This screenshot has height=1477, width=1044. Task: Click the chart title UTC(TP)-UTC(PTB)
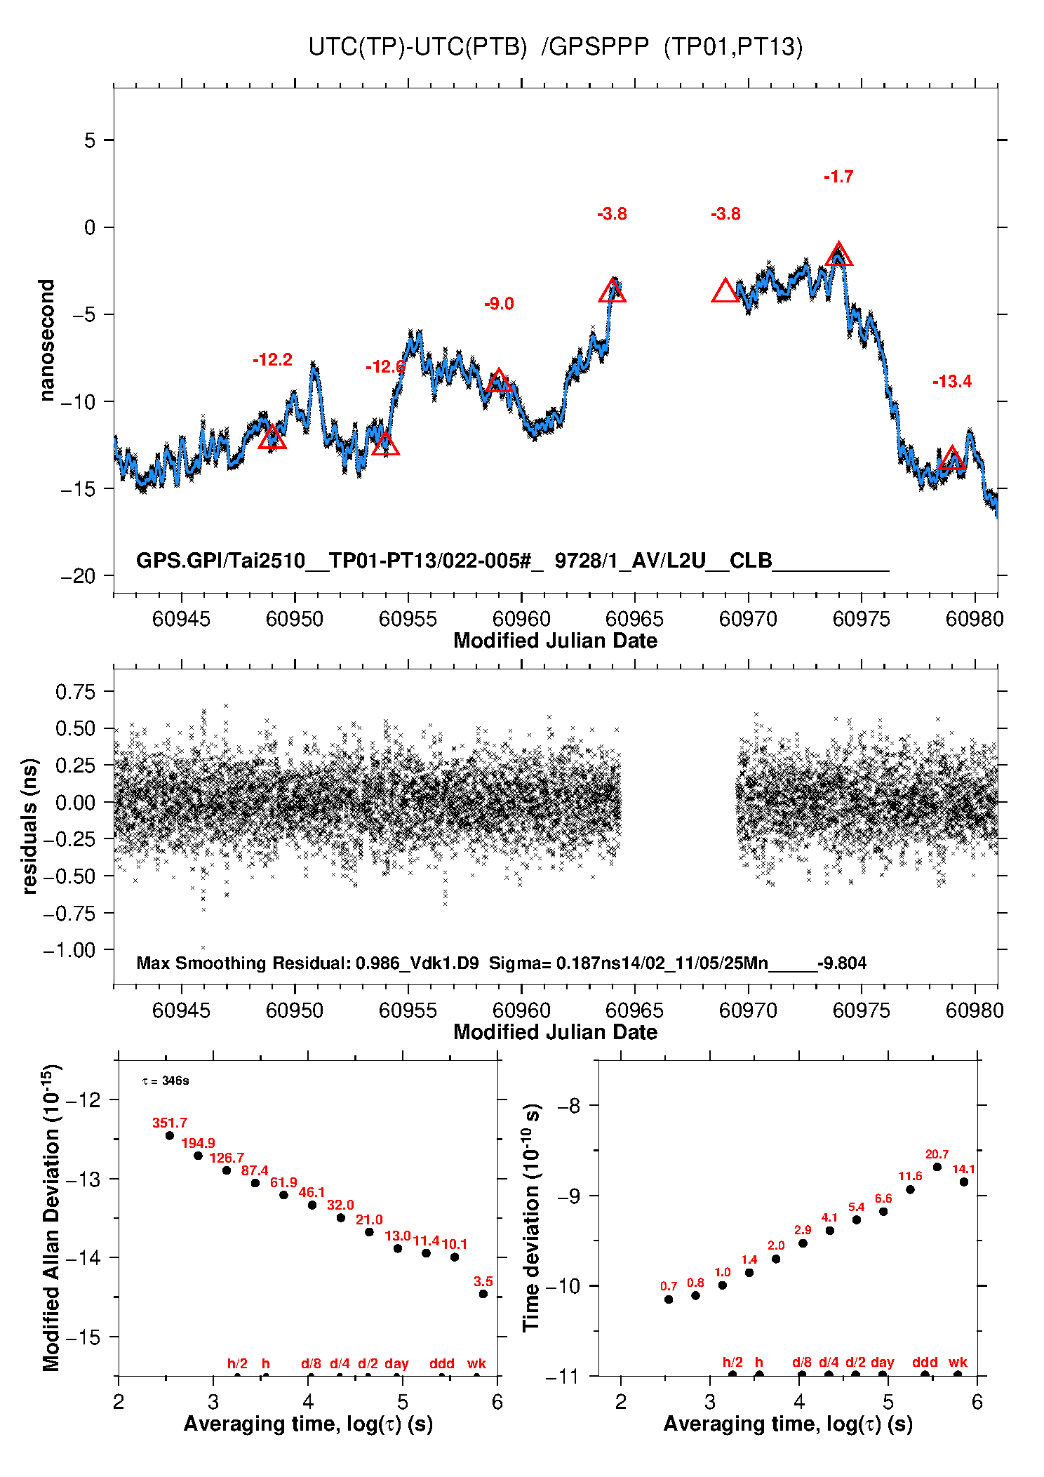pyautogui.click(x=417, y=47)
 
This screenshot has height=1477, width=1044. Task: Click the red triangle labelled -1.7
pyautogui.click(x=838, y=255)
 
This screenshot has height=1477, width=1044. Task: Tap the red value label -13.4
pyautogui.click(x=951, y=382)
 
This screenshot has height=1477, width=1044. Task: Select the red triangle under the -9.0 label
pyautogui.click(x=498, y=381)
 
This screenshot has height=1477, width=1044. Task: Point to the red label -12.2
pyautogui.click(x=272, y=360)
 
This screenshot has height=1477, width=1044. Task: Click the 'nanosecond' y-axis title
pyautogui.click(x=46, y=340)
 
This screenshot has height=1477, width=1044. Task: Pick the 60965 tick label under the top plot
pyautogui.click(x=634, y=619)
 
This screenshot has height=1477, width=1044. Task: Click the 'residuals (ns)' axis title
pyautogui.click(x=29, y=826)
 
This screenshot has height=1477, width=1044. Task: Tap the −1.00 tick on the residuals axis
pyautogui.click(x=69, y=950)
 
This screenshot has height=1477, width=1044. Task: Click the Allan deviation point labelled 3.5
pyautogui.click(x=483, y=1294)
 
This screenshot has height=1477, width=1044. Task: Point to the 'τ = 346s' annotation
pyautogui.click(x=166, y=1081)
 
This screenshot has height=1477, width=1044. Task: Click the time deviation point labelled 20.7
pyautogui.click(x=937, y=1167)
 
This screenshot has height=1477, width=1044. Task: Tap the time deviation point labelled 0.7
pyautogui.click(x=669, y=1299)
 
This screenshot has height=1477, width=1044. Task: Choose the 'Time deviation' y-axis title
pyautogui.click(x=531, y=1217)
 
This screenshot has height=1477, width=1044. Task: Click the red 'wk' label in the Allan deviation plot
pyautogui.click(x=476, y=1363)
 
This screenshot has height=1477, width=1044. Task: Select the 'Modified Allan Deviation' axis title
pyautogui.click(x=51, y=1217)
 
